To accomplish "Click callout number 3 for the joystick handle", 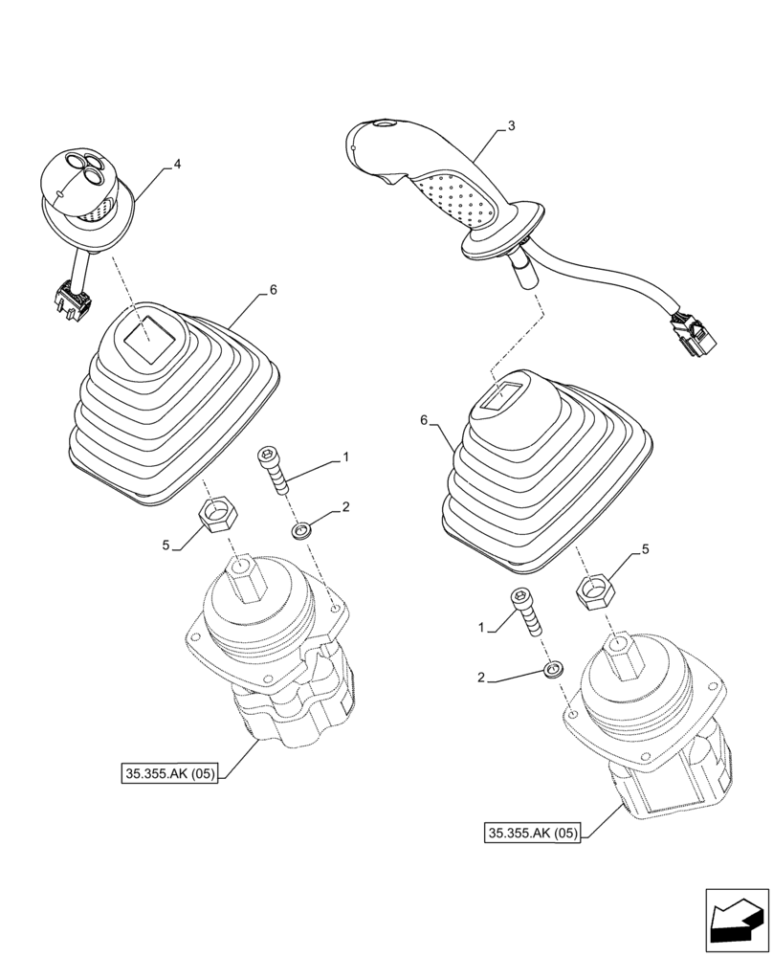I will [x=512, y=125].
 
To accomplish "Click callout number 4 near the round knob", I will [x=177, y=165].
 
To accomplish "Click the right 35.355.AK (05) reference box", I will [x=533, y=833].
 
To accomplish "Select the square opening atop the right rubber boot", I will [x=506, y=394].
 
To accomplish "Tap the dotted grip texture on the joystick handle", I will [x=454, y=199].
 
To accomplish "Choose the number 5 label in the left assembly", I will [x=166, y=545].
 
